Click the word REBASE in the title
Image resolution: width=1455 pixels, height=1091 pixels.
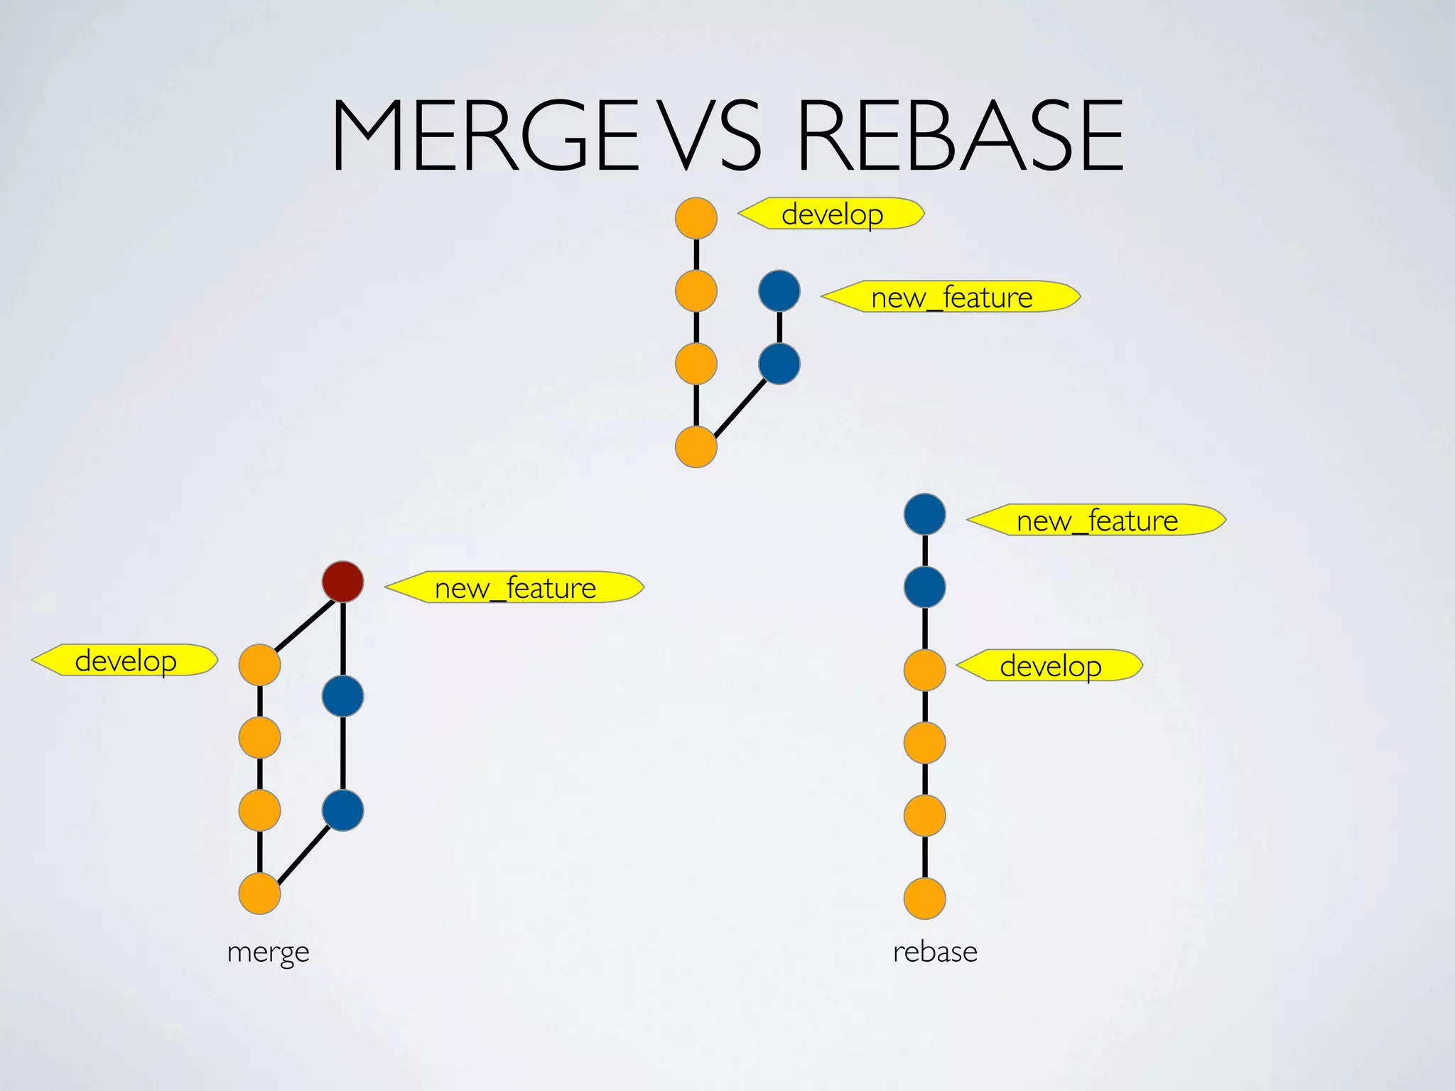point(961,136)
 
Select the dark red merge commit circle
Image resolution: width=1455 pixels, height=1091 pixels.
point(343,582)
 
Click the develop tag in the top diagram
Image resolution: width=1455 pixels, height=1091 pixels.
point(831,214)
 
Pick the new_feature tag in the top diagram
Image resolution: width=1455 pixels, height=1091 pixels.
point(951,297)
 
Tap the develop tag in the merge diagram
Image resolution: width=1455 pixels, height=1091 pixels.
point(126,661)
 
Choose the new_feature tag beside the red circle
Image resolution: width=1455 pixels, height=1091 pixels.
point(515,587)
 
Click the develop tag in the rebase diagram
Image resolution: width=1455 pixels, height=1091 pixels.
point(1050,666)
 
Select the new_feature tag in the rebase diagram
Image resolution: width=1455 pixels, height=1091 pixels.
point(1097,521)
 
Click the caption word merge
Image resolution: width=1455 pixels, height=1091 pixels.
point(268,952)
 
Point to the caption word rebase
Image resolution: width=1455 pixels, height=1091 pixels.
point(935,952)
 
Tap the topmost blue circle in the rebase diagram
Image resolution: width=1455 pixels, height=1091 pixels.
point(924,514)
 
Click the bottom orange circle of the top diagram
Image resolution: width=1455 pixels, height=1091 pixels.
point(696,447)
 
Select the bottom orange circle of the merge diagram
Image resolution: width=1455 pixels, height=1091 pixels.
point(259,894)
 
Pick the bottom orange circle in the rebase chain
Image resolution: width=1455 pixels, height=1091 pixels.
point(924,899)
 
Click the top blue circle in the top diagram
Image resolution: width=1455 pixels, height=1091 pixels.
point(779,291)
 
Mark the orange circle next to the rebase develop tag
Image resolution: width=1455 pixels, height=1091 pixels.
point(924,670)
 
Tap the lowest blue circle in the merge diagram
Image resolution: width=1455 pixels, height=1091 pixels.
point(343,810)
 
